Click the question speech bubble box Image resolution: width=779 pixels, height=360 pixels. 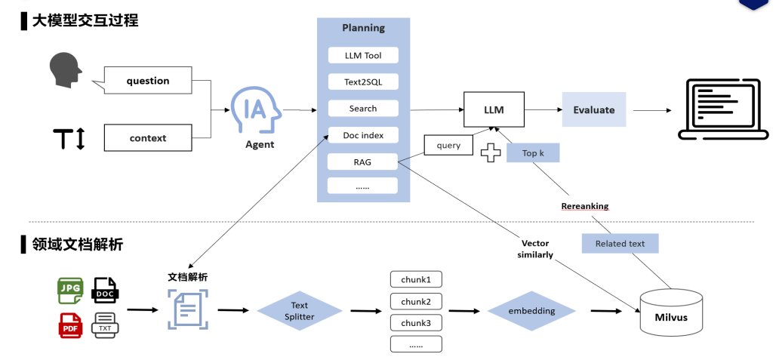[148, 81]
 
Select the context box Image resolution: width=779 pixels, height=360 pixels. [148, 138]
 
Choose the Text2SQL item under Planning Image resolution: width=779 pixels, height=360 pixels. [363, 82]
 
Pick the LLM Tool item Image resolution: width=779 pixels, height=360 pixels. [363, 55]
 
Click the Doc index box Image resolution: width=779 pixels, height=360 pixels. [363, 135]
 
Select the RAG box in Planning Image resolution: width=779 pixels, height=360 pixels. [363, 162]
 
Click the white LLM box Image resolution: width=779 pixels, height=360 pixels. [494, 110]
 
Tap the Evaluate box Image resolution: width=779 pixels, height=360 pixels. [594, 109]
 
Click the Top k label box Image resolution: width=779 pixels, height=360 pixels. [533, 153]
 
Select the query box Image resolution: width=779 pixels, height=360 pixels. [448, 145]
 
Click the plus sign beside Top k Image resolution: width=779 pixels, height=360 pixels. [491, 153]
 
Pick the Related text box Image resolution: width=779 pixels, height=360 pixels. [620, 243]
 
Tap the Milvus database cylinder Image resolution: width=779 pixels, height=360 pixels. [670, 312]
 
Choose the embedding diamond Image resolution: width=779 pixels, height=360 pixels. [531, 311]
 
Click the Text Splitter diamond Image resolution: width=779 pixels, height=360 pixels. [300, 311]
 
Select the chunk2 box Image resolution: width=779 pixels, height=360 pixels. [416, 301]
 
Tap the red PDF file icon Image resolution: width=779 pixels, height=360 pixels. [70, 325]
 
